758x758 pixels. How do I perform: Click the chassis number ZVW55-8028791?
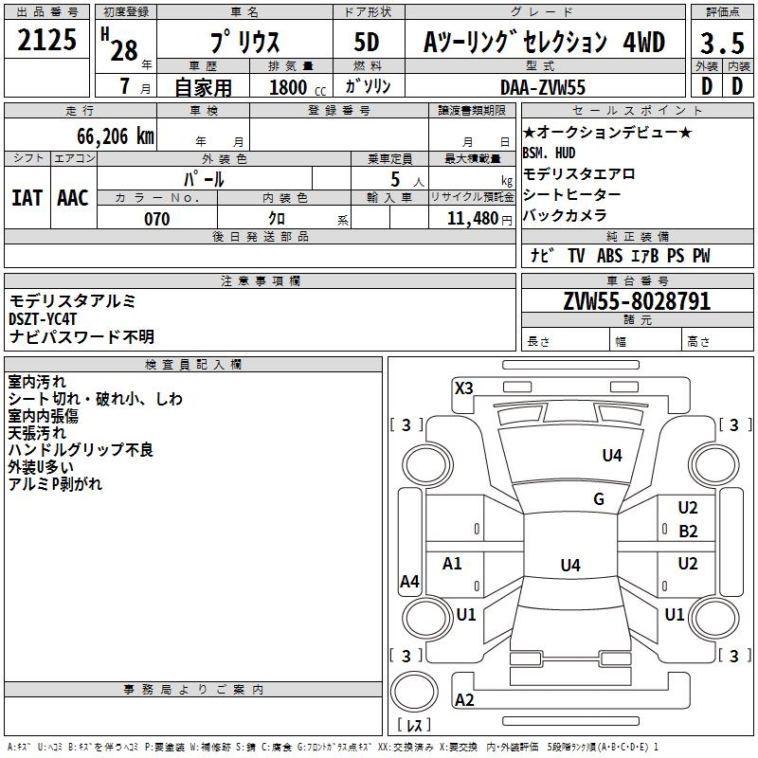click(x=637, y=301)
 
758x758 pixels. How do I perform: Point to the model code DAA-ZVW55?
click(x=543, y=86)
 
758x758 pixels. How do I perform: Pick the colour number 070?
click(x=156, y=219)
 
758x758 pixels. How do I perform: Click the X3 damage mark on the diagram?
click(x=464, y=388)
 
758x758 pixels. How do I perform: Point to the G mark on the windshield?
click(x=599, y=499)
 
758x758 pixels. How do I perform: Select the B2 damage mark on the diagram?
click(x=688, y=531)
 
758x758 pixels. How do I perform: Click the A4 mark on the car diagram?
click(x=409, y=582)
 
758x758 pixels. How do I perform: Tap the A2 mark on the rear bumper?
click(x=464, y=700)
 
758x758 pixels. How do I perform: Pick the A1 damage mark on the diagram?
click(x=453, y=564)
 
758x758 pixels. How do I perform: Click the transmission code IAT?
click(x=27, y=197)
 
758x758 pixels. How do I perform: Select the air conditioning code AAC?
click(x=72, y=197)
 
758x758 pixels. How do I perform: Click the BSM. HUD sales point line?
click(x=549, y=153)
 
